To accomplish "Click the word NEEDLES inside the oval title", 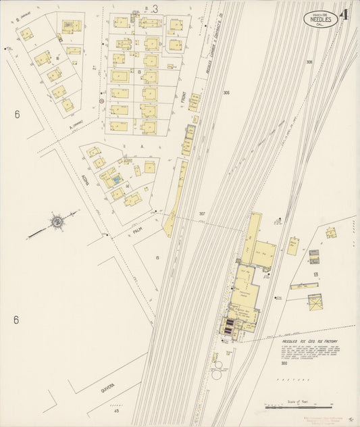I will [319, 20].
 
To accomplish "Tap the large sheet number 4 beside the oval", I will [344, 15].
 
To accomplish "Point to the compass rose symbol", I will [57, 221].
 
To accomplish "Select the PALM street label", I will [138, 230].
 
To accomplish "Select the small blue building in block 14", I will [116, 179].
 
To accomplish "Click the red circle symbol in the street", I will [101, 101].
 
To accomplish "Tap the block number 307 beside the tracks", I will [201, 214].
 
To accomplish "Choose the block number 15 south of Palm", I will [157, 257].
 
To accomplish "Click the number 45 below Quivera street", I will [116, 411].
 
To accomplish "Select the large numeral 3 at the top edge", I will [155, 9].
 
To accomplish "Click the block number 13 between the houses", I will [138, 71].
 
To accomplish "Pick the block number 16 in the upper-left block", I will [58, 59].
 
